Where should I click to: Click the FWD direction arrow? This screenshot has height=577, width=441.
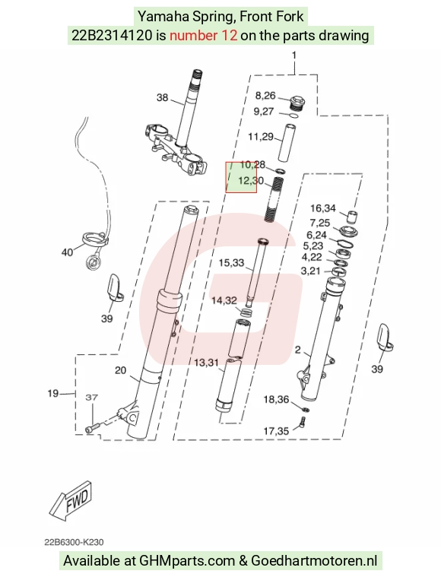(x=70, y=501)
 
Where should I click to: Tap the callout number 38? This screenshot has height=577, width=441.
(x=163, y=97)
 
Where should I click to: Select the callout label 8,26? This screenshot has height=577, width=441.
(x=265, y=96)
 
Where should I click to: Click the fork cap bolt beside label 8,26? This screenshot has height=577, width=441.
(x=297, y=103)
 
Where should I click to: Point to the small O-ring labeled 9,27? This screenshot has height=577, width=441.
(x=293, y=116)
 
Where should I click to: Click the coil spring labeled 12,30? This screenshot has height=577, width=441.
(x=274, y=198)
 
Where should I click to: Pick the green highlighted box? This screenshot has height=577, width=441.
(x=241, y=177)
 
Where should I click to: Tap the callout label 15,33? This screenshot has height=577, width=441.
(x=232, y=263)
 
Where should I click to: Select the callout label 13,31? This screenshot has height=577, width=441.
(x=206, y=363)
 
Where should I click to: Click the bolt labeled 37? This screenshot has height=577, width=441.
(x=92, y=429)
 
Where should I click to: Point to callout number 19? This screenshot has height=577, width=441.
(x=53, y=393)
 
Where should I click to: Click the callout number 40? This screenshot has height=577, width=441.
(x=67, y=252)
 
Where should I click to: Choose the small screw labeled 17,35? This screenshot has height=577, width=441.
(x=303, y=422)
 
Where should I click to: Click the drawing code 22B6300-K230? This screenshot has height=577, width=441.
(x=74, y=542)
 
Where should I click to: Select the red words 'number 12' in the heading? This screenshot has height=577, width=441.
(x=203, y=36)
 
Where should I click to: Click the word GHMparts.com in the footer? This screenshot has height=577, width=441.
(x=186, y=561)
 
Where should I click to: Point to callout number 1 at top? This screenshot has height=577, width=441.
(x=294, y=55)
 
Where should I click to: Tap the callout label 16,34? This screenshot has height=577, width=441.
(x=323, y=208)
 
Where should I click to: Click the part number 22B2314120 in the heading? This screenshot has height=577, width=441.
(x=112, y=36)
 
